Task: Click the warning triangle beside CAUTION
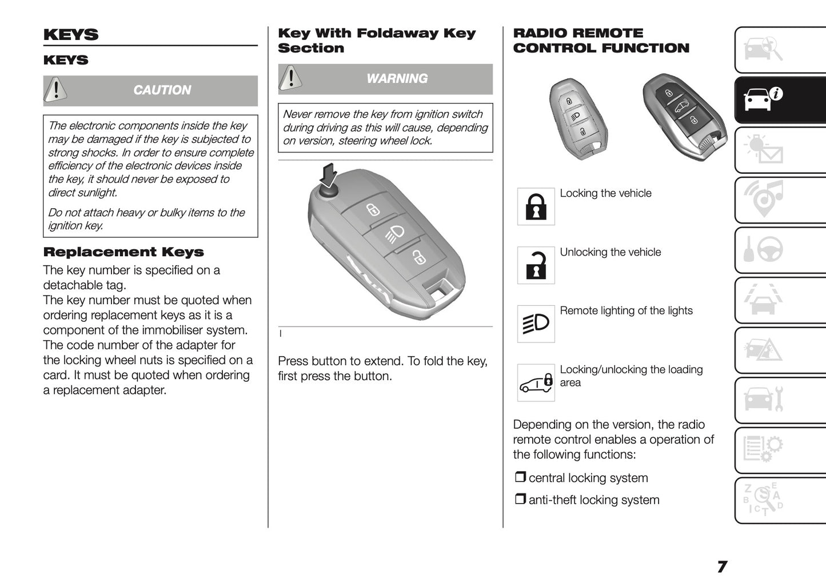56,90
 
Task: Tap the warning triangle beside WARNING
291,78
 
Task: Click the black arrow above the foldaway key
328,174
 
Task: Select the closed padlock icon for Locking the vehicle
536,206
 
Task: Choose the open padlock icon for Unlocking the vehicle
536,265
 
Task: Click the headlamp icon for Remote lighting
536,324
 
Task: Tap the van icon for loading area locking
536,382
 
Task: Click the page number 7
722,567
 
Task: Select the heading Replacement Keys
123,252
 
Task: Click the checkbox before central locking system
520,477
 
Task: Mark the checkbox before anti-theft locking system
520,499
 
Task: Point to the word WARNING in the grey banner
397,78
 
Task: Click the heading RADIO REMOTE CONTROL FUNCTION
601,41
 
